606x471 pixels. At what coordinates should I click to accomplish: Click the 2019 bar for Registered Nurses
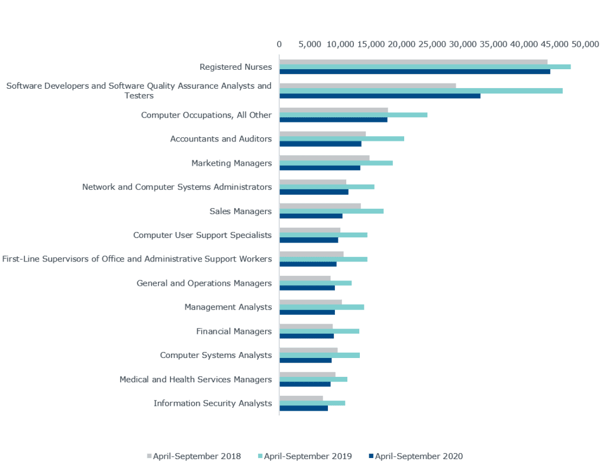point(425,67)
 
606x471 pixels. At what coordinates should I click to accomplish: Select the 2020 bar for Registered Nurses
point(414,72)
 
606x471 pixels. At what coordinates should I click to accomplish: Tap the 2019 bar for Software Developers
point(421,91)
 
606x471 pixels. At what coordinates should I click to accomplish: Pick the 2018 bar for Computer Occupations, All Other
point(334,109)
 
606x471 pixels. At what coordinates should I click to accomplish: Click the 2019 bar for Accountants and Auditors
point(341,139)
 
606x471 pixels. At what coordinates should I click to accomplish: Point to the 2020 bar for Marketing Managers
point(320,168)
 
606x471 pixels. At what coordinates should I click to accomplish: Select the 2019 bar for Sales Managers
point(331,211)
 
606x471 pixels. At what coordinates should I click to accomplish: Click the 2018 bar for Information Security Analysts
point(301,398)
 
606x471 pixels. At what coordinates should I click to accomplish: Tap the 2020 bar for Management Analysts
point(307,312)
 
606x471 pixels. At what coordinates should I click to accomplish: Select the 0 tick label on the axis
point(279,44)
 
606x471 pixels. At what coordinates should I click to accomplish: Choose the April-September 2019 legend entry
point(307,456)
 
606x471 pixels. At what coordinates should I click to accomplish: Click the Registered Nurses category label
point(236,67)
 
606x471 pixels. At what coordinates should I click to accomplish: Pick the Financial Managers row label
point(234,331)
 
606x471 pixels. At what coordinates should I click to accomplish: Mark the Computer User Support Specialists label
point(202,236)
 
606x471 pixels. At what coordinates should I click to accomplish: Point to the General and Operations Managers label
point(204,283)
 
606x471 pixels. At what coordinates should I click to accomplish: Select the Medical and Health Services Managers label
point(195,380)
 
